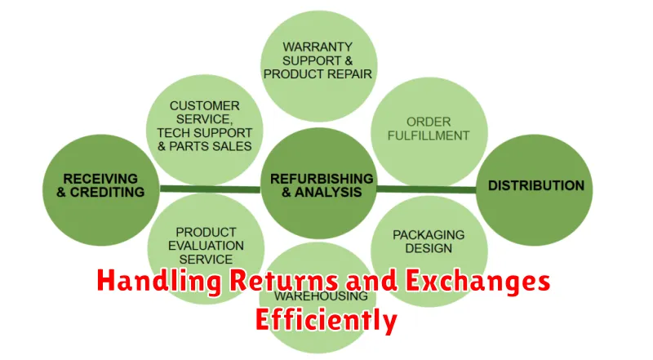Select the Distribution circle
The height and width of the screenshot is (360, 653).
(x=535, y=186)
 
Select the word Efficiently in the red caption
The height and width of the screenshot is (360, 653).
(x=326, y=319)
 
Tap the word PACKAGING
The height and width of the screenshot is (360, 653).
(x=429, y=234)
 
